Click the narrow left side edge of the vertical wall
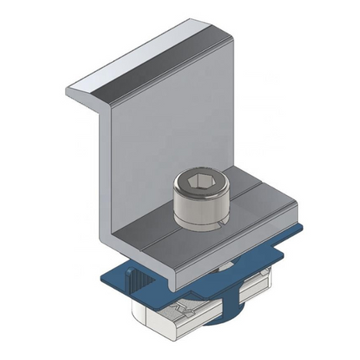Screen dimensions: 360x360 point(105,176)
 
